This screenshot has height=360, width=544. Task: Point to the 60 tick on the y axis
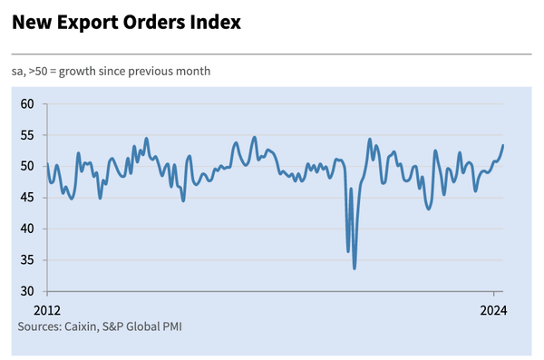click(27, 104)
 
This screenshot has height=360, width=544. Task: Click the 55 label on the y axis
click(27, 135)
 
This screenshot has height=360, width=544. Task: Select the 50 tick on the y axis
click(27, 167)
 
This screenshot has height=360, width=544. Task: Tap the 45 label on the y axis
click(27, 198)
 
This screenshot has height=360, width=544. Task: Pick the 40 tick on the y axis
click(27, 229)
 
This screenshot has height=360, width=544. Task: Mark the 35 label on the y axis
click(27, 260)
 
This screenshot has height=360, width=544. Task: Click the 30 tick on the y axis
click(27, 291)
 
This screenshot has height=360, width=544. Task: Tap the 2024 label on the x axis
click(494, 309)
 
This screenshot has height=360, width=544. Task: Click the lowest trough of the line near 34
click(354, 268)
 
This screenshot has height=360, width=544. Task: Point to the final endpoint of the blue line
click(503, 145)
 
